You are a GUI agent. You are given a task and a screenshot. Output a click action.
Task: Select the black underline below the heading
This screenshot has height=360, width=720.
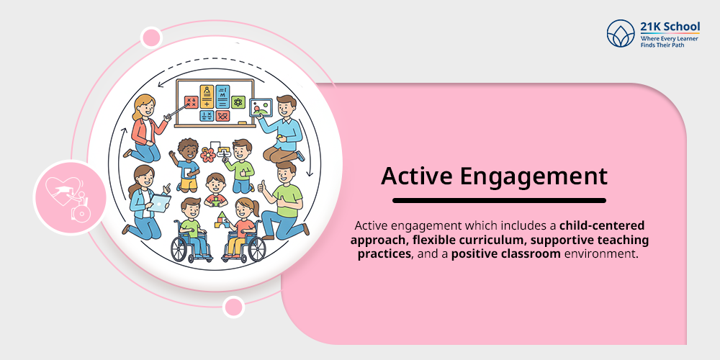click(x=499, y=200)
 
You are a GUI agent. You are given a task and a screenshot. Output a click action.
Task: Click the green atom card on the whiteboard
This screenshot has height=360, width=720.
click(x=238, y=102)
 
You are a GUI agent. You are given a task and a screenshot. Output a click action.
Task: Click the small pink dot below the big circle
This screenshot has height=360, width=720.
click(x=233, y=307)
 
